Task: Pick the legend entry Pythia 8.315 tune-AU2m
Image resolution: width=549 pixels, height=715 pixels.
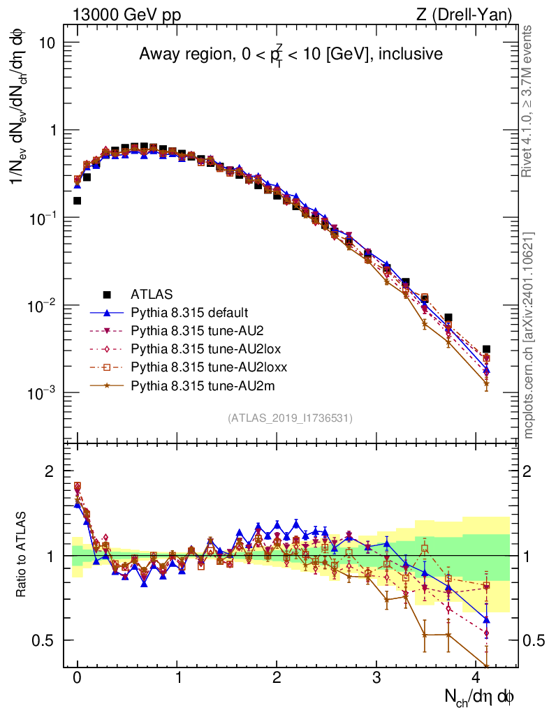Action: (189, 385)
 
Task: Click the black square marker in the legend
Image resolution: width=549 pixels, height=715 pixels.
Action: (107, 294)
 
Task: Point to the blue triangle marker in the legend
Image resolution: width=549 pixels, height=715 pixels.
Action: (107, 312)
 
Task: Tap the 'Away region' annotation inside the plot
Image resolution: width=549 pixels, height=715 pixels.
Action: (291, 54)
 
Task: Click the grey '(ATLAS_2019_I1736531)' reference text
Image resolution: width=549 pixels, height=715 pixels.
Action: (290, 418)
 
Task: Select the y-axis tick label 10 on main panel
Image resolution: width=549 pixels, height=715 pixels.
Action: (47, 43)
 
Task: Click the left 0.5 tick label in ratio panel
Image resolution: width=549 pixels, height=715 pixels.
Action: (44, 640)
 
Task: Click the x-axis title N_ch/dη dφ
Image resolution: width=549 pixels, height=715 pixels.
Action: (481, 696)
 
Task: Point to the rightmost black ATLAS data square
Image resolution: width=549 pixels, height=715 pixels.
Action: (486, 349)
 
